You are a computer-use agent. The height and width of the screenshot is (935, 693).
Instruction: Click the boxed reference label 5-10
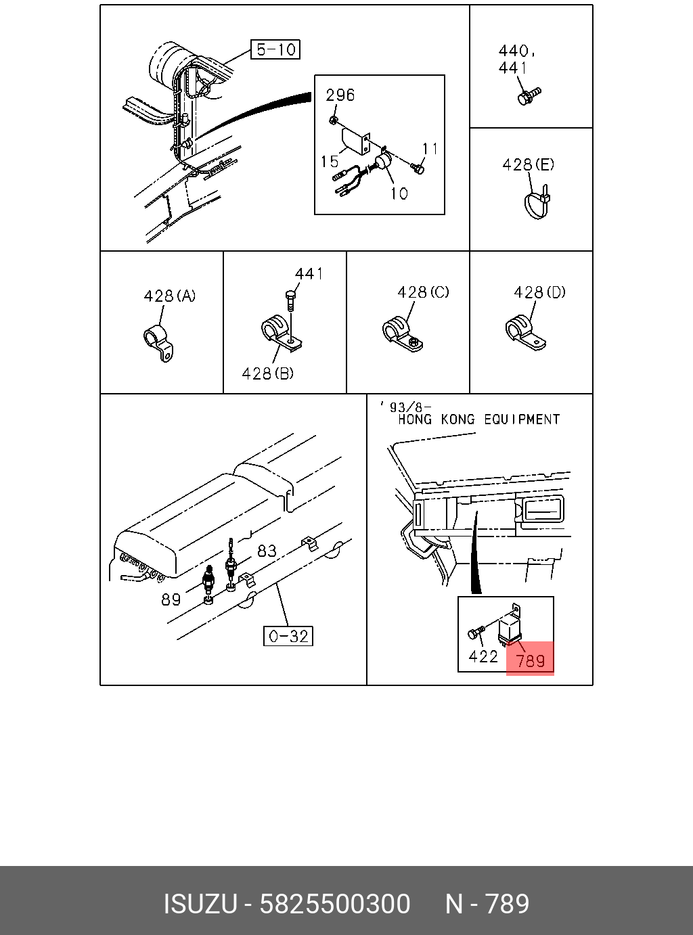pyautogui.click(x=275, y=50)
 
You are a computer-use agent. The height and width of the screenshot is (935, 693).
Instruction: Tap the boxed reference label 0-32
pyautogui.click(x=288, y=636)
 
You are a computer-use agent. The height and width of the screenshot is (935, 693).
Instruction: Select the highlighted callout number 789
pyautogui.click(x=530, y=660)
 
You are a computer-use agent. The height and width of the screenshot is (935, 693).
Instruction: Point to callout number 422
pyautogui.click(x=483, y=656)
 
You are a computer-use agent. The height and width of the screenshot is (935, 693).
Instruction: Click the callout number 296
pyautogui.click(x=340, y=95)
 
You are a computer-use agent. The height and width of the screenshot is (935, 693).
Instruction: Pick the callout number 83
pyautogui.click(x=267, y=551)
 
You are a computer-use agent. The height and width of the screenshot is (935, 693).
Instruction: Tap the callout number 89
pyautogui.click(x=171, y=599)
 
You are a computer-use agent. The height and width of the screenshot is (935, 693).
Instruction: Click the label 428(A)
pyautogui.click(x=170, y=296)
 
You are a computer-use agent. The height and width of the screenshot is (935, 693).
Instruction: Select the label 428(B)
pyautogui.click(x=268, y=373)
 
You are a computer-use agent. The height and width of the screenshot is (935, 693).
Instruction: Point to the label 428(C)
pyautogui.click(x=423, y=292)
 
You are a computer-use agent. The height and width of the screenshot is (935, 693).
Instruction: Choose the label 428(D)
pyautogui.click(x=539, y=292)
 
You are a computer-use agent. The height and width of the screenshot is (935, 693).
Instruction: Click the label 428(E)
pyautogui.click(x=528, y=164)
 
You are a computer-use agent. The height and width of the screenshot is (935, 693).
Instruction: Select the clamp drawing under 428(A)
pyautogui.click(x=158, y=344)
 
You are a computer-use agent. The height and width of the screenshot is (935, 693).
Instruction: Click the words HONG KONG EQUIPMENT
pyautogui.click(x=478, y=419)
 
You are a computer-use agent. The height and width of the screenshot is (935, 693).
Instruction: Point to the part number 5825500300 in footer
pyautogui.click(x=334, y=904)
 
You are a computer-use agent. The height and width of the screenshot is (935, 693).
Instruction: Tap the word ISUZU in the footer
pyautogui.click(x=200, y=904)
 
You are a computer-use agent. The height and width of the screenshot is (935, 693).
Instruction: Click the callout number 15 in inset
pyautogui.click(x=330, y=162)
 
